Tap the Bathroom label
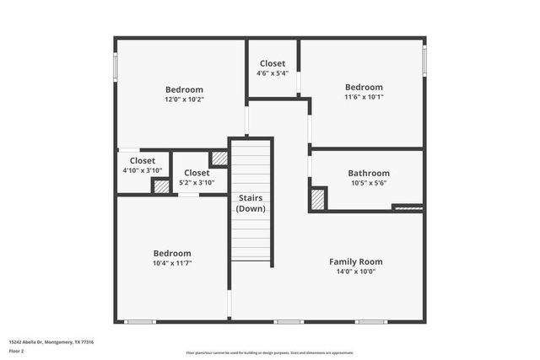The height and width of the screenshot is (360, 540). [369, 173]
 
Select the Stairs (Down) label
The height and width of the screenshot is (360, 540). [251, 202]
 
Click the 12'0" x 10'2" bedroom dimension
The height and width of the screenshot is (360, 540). [184, 99]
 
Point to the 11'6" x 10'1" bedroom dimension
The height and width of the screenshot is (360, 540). [364, 97]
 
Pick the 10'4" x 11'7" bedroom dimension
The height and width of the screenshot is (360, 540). [171, 263]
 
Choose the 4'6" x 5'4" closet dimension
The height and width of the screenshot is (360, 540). [272, 73]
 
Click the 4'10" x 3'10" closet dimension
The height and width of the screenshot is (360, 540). [142, 170]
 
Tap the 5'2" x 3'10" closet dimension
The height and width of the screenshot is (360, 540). [197, 182]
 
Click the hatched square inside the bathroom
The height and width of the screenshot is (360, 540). [318, 198]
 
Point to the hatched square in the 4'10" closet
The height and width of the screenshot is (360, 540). [160, 186]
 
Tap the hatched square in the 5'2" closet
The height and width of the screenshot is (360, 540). [219, 158]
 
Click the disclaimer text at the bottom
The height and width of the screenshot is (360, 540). [270, 353]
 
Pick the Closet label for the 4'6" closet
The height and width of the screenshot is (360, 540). [272, 63]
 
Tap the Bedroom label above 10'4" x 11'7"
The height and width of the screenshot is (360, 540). [171, 253]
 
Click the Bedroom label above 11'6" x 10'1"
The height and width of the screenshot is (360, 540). [364, 87]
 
